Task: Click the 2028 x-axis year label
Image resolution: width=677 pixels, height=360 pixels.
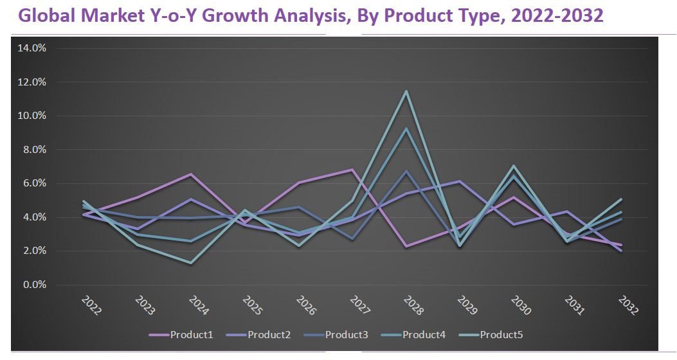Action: click(415, 306)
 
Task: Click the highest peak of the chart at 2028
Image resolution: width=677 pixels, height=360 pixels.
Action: click(406, 91)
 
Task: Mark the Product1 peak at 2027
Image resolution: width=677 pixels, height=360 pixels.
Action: click(352, 170)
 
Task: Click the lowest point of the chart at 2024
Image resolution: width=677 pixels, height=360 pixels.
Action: click(192, 263)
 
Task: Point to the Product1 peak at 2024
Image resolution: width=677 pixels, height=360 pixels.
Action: click(192, 174)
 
